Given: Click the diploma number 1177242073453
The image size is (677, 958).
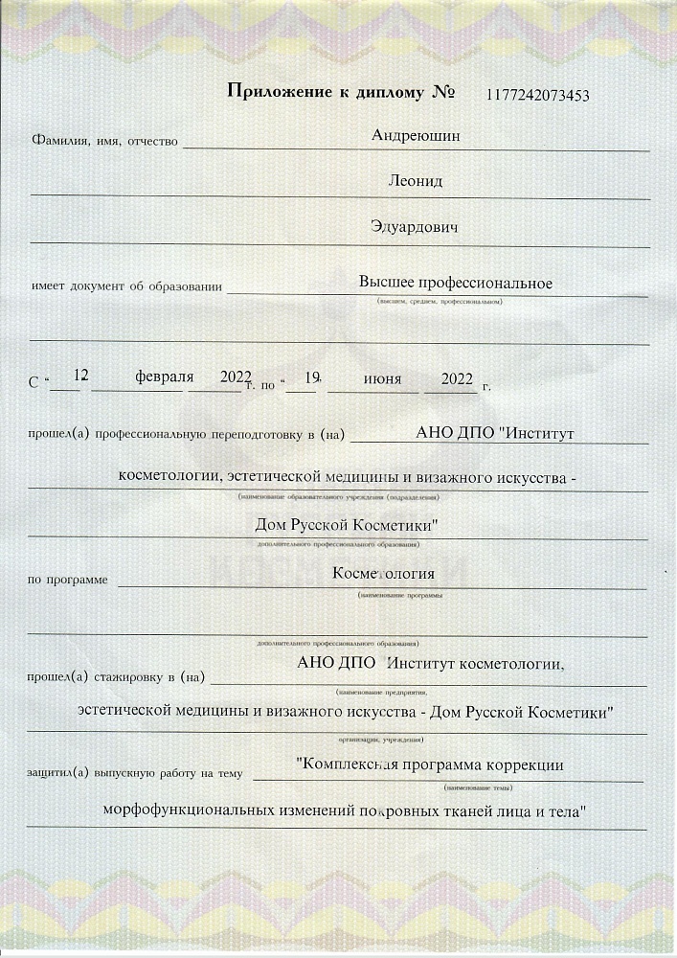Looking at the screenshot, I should tap(537, 94).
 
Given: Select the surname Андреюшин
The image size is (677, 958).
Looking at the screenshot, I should tap(416, 136).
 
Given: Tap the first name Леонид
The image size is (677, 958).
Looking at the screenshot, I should tap(415, 181).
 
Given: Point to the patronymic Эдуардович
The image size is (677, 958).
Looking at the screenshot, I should tap(415, 228).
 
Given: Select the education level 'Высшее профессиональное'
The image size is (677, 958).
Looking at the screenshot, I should tap(456, 283).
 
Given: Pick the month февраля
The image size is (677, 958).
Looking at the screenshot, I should tap(165, 376).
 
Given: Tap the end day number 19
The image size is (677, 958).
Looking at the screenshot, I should tap(308, 377).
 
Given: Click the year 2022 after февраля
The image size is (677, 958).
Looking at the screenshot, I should tap(235, 377).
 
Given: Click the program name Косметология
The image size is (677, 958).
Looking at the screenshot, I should tap(383, 574).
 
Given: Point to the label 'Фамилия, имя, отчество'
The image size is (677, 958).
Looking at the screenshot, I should tap(105, 142).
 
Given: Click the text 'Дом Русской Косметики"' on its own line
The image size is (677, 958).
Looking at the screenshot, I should tap(347, 526).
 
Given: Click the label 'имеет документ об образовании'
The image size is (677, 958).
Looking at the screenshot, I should tap(126, 285).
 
